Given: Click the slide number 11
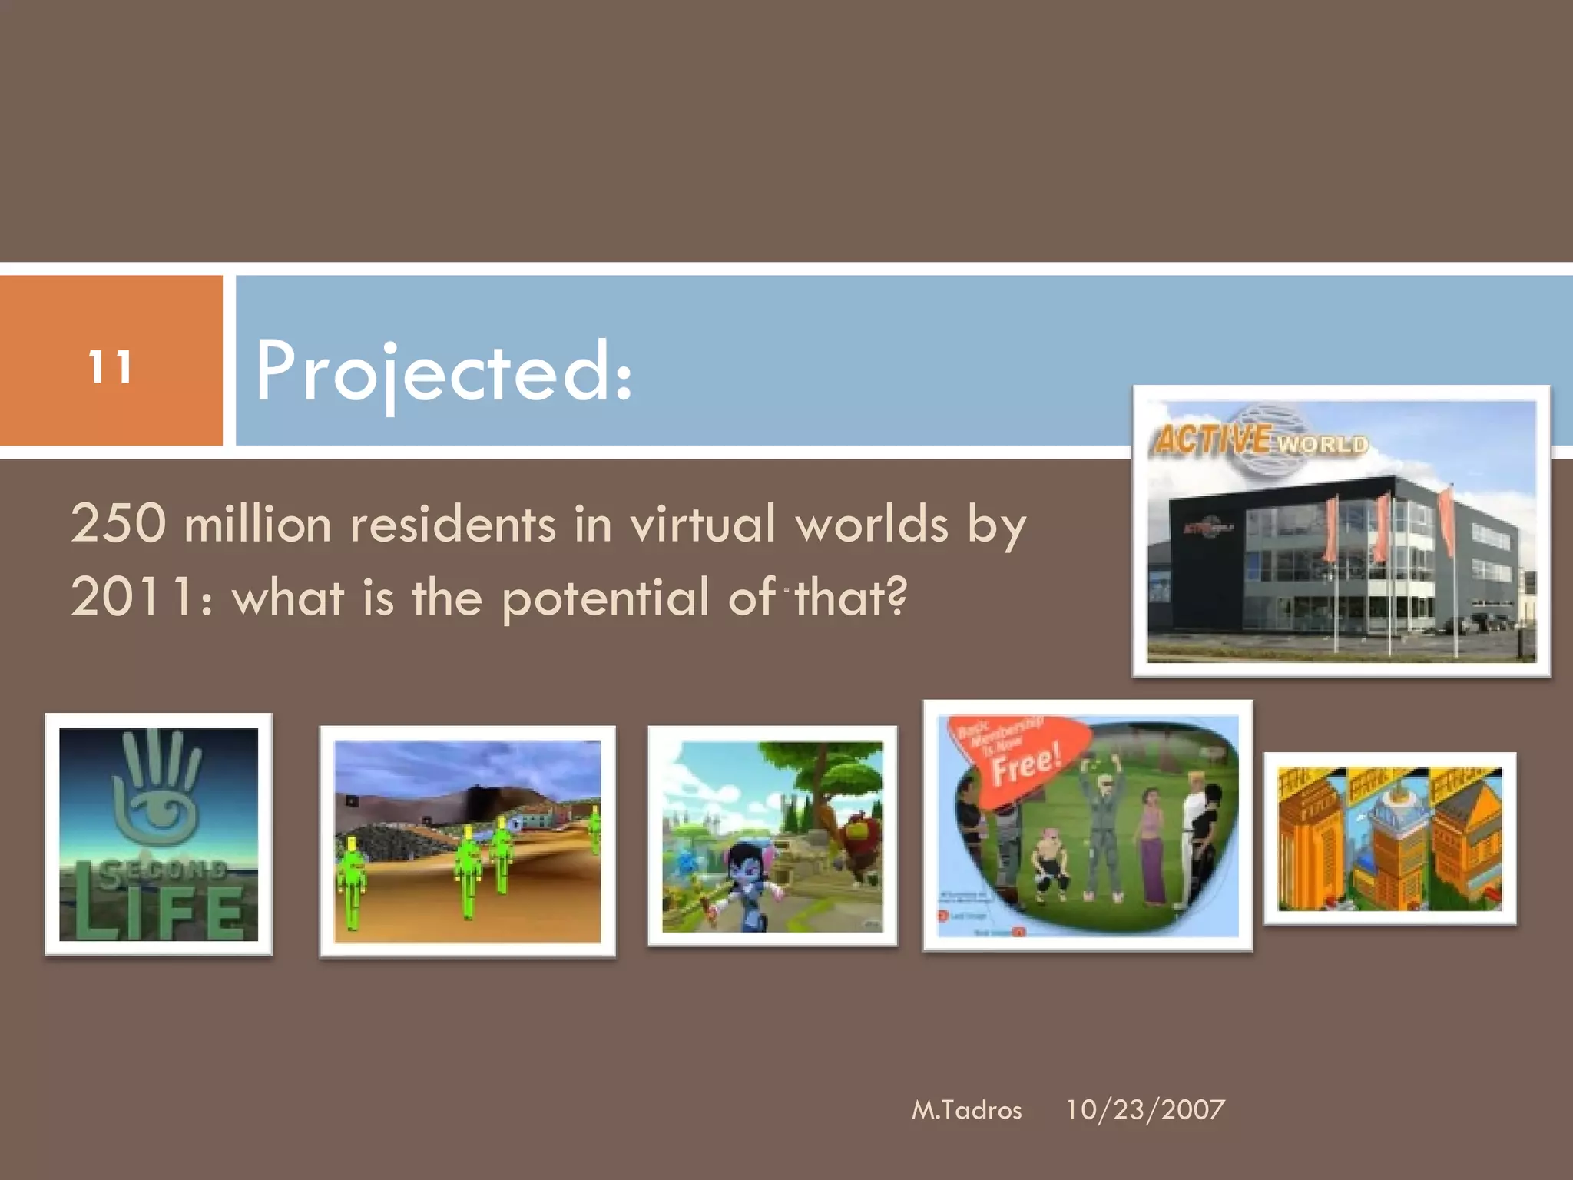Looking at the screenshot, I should (110, 367).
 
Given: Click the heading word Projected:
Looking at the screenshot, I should (443, 372).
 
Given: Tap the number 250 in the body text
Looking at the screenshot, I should (118, 524).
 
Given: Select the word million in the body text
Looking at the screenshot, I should (257, 524).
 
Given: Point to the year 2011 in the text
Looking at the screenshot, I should (131, 598).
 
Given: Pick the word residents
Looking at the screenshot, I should (452, 524).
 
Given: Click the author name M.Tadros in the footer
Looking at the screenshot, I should (966, 1110).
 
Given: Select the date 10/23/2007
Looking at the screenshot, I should (1144, 1109).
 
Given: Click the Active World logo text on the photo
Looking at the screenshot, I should (1260, 442).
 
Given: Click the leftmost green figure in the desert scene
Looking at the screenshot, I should (352, 883).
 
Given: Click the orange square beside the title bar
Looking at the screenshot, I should (111, 361).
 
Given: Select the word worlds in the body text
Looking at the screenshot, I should (872, 524).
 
